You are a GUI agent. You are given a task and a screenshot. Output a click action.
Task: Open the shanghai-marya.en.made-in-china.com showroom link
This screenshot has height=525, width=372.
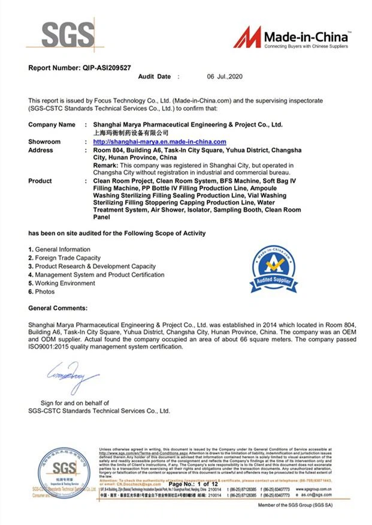point(159,142)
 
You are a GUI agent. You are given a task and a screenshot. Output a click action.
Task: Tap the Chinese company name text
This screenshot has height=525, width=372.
point(128,133)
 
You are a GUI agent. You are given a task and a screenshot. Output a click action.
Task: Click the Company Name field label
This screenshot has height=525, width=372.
point(52,124)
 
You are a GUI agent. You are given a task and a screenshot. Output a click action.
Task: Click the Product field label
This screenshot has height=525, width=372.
point(40,181)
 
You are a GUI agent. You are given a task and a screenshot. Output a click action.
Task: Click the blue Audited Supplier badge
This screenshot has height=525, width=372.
point(273,266)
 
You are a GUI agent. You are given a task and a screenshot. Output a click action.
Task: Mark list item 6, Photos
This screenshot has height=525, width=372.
point(41,292)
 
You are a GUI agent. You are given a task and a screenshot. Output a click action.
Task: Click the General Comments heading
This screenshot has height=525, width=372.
point(58,308)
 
